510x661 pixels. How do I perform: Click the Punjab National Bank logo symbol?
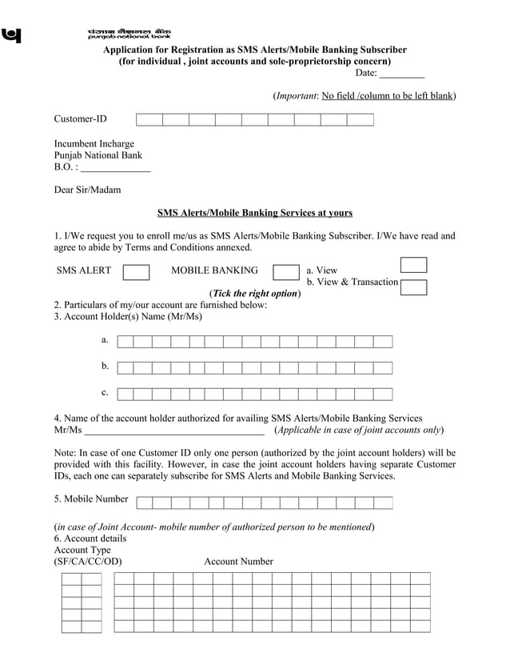(x=12, y=35)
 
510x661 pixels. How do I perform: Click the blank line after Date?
(x=401, y=74)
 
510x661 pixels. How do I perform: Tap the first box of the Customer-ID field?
(x=149, y=120)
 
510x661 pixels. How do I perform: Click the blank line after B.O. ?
(x=116, y=168)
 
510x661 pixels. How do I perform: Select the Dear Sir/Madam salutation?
(x=88, y=190)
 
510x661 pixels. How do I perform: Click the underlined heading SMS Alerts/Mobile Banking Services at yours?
(x=254, y=213)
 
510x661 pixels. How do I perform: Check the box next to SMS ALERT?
(x=136, y=272)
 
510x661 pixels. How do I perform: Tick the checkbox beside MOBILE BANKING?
(x=285, y=272)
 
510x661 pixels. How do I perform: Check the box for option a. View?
(x=413, y=265)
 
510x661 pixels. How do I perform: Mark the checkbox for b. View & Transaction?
(x=413, y=287)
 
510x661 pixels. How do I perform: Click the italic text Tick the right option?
(x=254, y=294)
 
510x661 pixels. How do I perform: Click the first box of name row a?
(x=125, y=342)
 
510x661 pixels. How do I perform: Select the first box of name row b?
(x=125, y=368)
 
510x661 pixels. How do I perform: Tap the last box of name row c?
(x=383, y=394)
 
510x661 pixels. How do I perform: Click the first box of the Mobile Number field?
(x=145, y=503)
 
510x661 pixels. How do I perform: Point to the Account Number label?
(x=238, y=562)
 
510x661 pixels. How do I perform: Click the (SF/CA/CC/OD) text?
(x=88, y=562)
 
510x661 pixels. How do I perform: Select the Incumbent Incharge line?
(x=94, y=144)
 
